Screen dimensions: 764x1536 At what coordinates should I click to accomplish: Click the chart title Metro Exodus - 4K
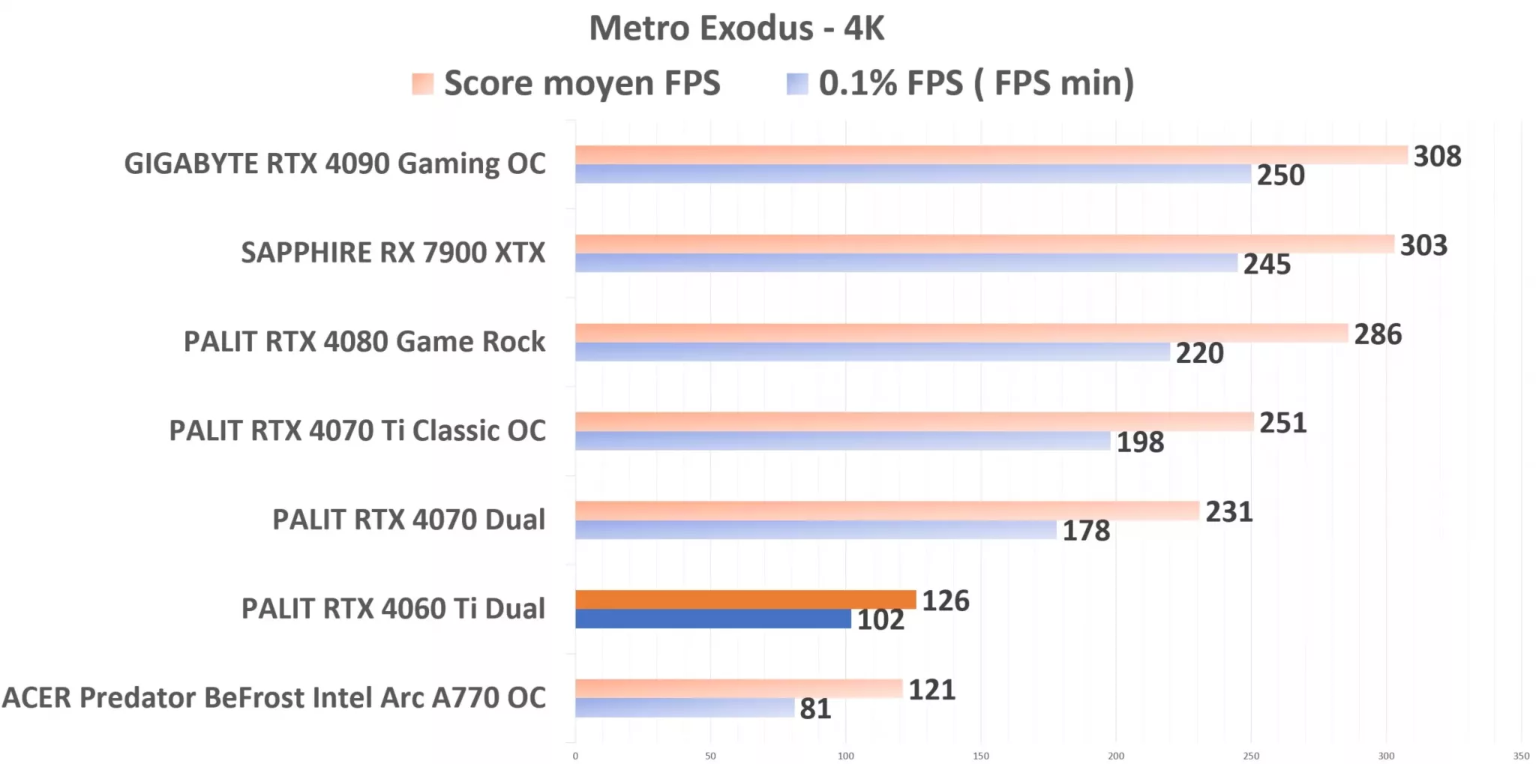(736, 28)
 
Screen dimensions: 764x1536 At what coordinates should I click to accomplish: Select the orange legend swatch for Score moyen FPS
(422, 84)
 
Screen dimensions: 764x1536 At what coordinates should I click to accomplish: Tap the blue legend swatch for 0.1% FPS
(796, 84)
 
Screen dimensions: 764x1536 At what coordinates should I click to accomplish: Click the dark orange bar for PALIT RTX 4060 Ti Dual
(745, 600)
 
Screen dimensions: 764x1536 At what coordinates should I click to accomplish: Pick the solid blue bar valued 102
(712, 619)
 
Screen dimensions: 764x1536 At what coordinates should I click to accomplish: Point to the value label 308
(1437, 157)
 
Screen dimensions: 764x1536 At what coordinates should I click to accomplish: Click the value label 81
(815, 709)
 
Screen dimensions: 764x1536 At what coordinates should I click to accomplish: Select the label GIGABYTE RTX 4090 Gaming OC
(334, 164)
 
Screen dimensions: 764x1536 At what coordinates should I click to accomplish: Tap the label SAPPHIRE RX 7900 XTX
(393, 253)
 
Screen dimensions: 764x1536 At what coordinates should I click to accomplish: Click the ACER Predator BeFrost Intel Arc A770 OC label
(274, 698)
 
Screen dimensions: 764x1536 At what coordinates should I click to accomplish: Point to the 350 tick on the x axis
(1521, 756)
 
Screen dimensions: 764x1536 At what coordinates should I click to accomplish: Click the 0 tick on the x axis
(575, 756)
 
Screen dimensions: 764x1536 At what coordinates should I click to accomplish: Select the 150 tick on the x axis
(981, 756)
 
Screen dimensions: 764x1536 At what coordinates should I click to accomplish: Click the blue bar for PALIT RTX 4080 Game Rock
(872, 352)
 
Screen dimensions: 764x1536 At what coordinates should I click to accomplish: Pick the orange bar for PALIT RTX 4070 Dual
(887, 511)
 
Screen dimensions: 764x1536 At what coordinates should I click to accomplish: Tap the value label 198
(1140, 442)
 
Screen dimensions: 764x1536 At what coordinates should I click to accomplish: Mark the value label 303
(1423, 246)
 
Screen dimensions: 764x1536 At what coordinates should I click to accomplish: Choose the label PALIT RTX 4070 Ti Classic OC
(357, 431)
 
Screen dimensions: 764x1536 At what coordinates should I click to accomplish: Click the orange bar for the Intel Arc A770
(739, 688)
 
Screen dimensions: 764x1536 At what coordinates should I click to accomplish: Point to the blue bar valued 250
(913, 174)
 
